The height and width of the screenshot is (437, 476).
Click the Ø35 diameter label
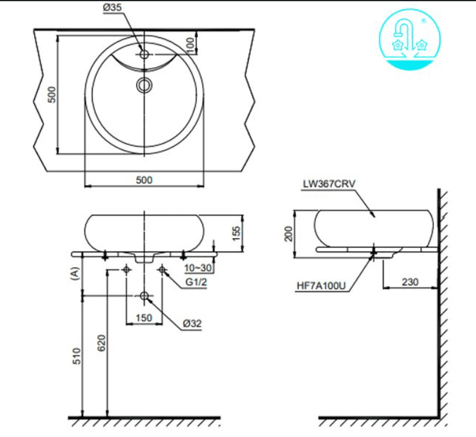click(112, 7)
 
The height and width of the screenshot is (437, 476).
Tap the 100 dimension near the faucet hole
click(190, 45)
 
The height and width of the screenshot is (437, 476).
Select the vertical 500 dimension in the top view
click(52, 95)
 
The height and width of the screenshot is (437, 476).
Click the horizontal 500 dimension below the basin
click(144, 180)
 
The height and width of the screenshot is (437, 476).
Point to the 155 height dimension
click(236, 233)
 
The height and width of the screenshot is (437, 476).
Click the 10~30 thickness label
click(198, 268)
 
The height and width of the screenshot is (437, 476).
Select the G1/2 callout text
click(196, 282)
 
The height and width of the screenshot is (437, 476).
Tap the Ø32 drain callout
click(192, 323)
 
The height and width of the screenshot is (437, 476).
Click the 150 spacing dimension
click(143, 318)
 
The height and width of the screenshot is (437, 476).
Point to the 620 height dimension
click(102, 343)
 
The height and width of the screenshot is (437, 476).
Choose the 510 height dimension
click(76, 356)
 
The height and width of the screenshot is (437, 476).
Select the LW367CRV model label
click(329, 184)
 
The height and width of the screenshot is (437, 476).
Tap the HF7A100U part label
click(321, 286)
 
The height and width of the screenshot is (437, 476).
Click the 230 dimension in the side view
click(410, 282)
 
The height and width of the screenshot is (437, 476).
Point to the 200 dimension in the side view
click(289, 234)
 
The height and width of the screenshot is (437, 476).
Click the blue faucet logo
click(410, 40)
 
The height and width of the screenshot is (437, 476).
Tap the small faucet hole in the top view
click(144, 54)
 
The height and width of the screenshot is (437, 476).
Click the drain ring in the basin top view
click(144, 85)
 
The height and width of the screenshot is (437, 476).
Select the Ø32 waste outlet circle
click(144, 295)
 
